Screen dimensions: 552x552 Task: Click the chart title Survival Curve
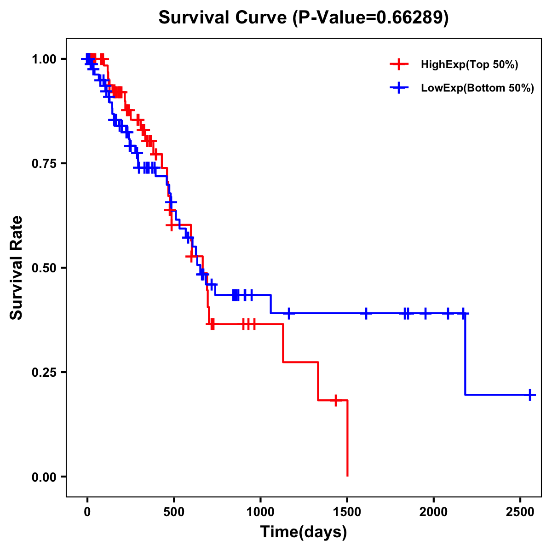(223, 17)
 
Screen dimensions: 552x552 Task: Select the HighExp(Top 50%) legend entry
(469, 65)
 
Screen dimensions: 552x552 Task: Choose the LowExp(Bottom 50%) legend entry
(477, 88)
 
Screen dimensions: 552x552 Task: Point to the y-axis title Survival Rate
(17, 267)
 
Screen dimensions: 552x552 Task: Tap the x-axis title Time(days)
(304, 532)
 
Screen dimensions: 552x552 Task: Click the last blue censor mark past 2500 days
(530, 395)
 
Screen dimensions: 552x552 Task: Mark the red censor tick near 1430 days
(336, 400)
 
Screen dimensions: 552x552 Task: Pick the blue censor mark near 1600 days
(366, 313)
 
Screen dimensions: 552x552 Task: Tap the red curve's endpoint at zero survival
(347, 476)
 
